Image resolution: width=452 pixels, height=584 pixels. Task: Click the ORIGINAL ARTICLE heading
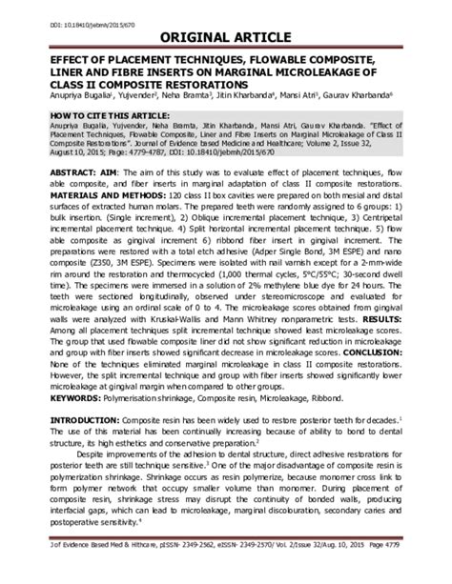click(x=225, y=35)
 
